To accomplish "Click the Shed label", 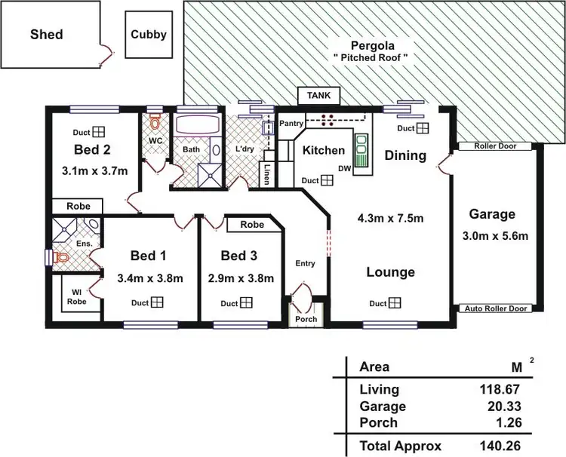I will [46, 34].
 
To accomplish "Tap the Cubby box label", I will [148, 34].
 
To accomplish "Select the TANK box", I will [319, 97].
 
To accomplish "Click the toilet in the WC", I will [155, 123].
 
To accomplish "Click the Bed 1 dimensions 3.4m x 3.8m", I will [150, 278].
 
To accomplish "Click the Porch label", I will [306, 318].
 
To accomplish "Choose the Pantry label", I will [291, 123].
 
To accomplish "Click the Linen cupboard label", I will [266, 175].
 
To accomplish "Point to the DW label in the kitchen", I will [344, 168].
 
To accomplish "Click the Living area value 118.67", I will [502, 390].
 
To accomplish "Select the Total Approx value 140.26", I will [502, 445].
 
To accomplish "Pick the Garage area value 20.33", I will [506, 406].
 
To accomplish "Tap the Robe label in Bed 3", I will [252, 225].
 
